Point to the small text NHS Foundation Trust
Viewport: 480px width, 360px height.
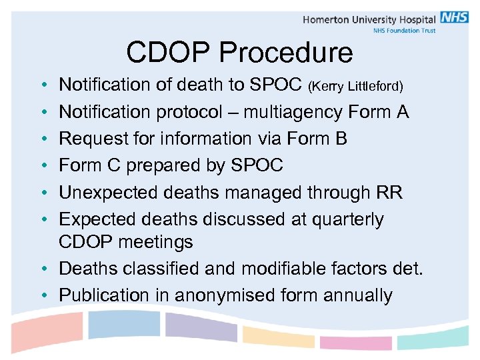point(404,31)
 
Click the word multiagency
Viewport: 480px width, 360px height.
point(293,112)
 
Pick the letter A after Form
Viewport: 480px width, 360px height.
point(402,112)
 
